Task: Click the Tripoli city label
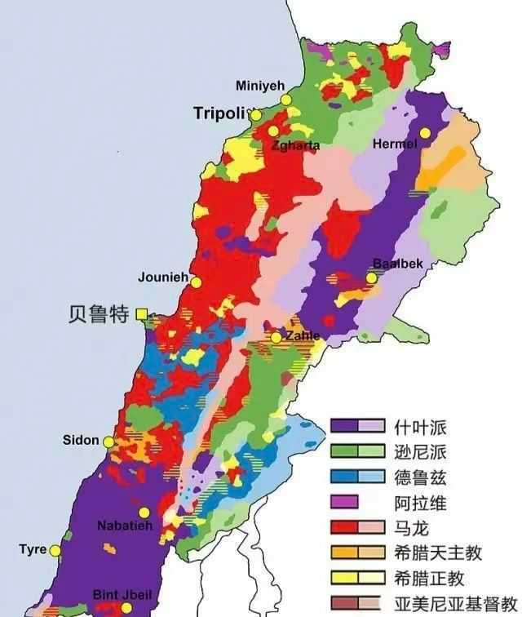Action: pos(220,113)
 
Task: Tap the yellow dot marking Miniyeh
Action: pos(286,100)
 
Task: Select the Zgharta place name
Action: pos(296,145)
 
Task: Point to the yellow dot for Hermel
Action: pos(424,133)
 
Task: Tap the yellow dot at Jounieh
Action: pos(196,282)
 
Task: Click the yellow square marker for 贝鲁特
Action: pos(142,313)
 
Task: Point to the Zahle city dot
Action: pos(276,337)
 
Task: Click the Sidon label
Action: pos(81,441)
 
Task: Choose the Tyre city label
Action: pos(33,549)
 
